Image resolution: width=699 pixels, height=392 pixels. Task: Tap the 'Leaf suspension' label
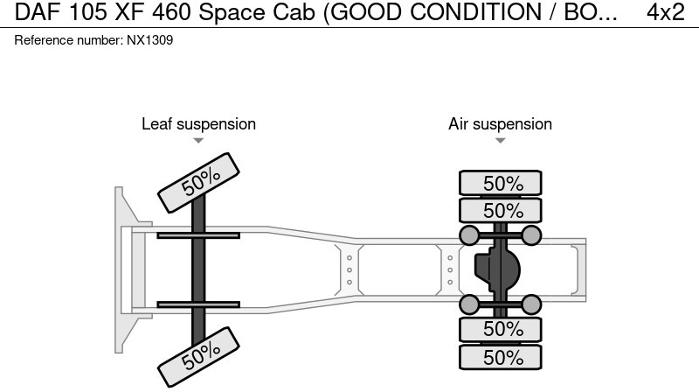tap(198, 124)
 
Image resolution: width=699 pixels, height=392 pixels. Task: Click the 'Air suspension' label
tap(500, 124)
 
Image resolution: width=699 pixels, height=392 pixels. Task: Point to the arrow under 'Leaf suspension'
tap(198, 141)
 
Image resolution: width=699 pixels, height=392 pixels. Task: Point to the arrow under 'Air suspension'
tap(500, 141)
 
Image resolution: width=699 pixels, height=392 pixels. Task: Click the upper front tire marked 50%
tap(199, 181)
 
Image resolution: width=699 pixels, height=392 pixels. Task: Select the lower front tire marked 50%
tap(199, 353)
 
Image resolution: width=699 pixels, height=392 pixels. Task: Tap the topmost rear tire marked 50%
tap(501, 183)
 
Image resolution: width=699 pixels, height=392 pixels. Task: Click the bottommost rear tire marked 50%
tap(501, 357)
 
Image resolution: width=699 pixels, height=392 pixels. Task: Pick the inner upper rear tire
tap(501, 210)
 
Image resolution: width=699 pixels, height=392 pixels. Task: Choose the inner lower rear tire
tap(501, 329)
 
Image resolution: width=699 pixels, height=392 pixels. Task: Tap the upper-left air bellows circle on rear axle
tap(469, 234)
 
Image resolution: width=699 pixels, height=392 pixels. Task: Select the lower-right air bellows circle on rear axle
tap(532, 304)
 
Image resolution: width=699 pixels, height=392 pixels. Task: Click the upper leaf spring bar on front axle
tap(198, 234)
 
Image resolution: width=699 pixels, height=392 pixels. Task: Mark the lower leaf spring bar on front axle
tap(198, 304)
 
